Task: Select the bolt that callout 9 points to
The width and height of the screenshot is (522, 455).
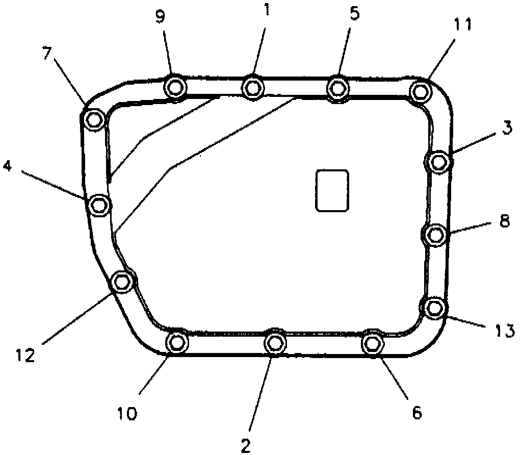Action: tap(175, 88)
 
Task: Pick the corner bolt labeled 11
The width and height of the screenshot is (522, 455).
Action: tap(420, 91)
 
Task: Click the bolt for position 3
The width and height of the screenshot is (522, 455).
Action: tap(437, 162)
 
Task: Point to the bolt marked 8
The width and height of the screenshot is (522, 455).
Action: tap(435, 235)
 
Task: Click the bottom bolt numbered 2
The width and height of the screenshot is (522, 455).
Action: tap(275, 342)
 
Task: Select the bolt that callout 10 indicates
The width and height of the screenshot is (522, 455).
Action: tap(177, 342)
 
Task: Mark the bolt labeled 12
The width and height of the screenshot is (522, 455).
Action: tap(122, 282)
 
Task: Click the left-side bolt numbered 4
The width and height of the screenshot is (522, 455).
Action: tap(98, 205)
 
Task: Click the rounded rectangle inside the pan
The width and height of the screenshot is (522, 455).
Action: tap(332, 190)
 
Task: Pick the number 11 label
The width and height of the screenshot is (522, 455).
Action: tap(463, 24)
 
